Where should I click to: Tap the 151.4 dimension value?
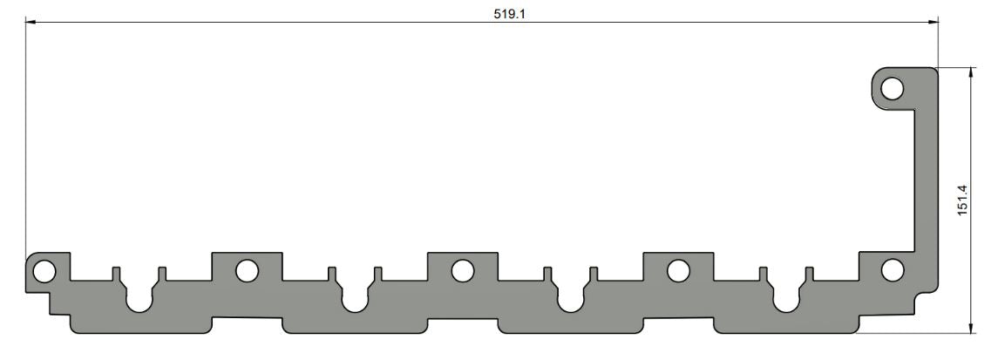[963, 200]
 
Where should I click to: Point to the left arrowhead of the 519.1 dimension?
[31, 23]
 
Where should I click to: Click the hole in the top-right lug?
[892, 88]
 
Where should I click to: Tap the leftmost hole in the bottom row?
[42, 271]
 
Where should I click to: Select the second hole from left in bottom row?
[247, 270]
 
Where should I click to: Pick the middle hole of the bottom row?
[463, 270]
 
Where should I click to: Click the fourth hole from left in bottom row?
[678, 270]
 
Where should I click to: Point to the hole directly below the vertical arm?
[892, 270]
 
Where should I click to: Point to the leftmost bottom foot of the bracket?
[139, 323]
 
